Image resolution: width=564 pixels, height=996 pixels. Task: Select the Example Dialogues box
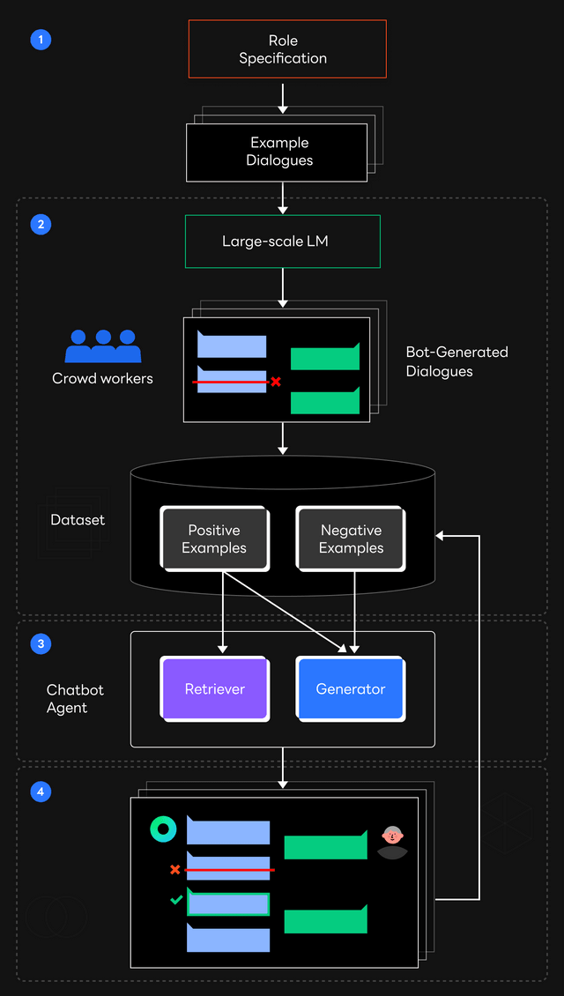click(277, 152)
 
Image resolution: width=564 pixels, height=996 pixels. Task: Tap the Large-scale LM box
click(282, 241)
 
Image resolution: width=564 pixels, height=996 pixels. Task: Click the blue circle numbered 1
click(40, 40)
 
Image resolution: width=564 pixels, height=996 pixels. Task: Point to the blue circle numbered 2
click(40, 224)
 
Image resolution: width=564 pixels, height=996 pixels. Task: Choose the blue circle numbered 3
click(40, 644)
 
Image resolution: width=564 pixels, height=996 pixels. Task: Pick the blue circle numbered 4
click(40, 792)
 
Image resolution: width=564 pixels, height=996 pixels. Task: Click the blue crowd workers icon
click(103, 346)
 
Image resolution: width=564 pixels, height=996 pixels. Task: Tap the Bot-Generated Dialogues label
click(456, 361)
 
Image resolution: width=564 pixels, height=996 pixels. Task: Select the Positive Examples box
click(214, 539)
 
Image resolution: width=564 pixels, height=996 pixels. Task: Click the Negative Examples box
click(351, 539)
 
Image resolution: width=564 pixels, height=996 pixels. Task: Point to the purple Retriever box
click(214, 689)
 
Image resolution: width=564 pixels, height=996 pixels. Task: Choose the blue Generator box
click(350, 689)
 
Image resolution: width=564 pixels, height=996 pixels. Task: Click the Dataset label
click(78, 520)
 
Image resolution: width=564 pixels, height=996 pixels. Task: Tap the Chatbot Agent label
click(75, 699)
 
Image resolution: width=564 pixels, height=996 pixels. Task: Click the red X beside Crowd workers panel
click(276, 382)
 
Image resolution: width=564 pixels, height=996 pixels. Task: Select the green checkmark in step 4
click(176, 900)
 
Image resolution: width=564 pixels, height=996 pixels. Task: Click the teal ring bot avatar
click(163, 829)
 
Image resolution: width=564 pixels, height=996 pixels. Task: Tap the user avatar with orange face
click(392, 841)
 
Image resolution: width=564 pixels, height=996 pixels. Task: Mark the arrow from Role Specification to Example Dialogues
click(283, 98)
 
